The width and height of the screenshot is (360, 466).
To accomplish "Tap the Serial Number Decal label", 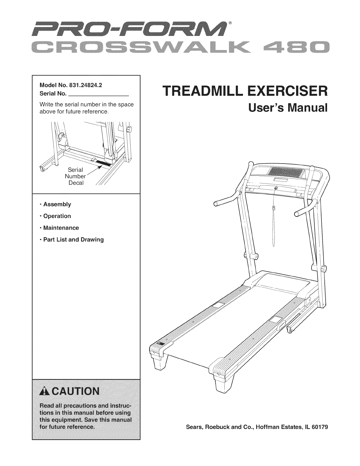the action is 76,177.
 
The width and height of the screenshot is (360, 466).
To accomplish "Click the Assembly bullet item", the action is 57,204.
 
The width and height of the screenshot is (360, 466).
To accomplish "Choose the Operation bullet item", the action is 57,216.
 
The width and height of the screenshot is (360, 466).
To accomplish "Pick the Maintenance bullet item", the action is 61,228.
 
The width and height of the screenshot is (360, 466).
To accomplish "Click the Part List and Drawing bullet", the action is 73,239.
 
